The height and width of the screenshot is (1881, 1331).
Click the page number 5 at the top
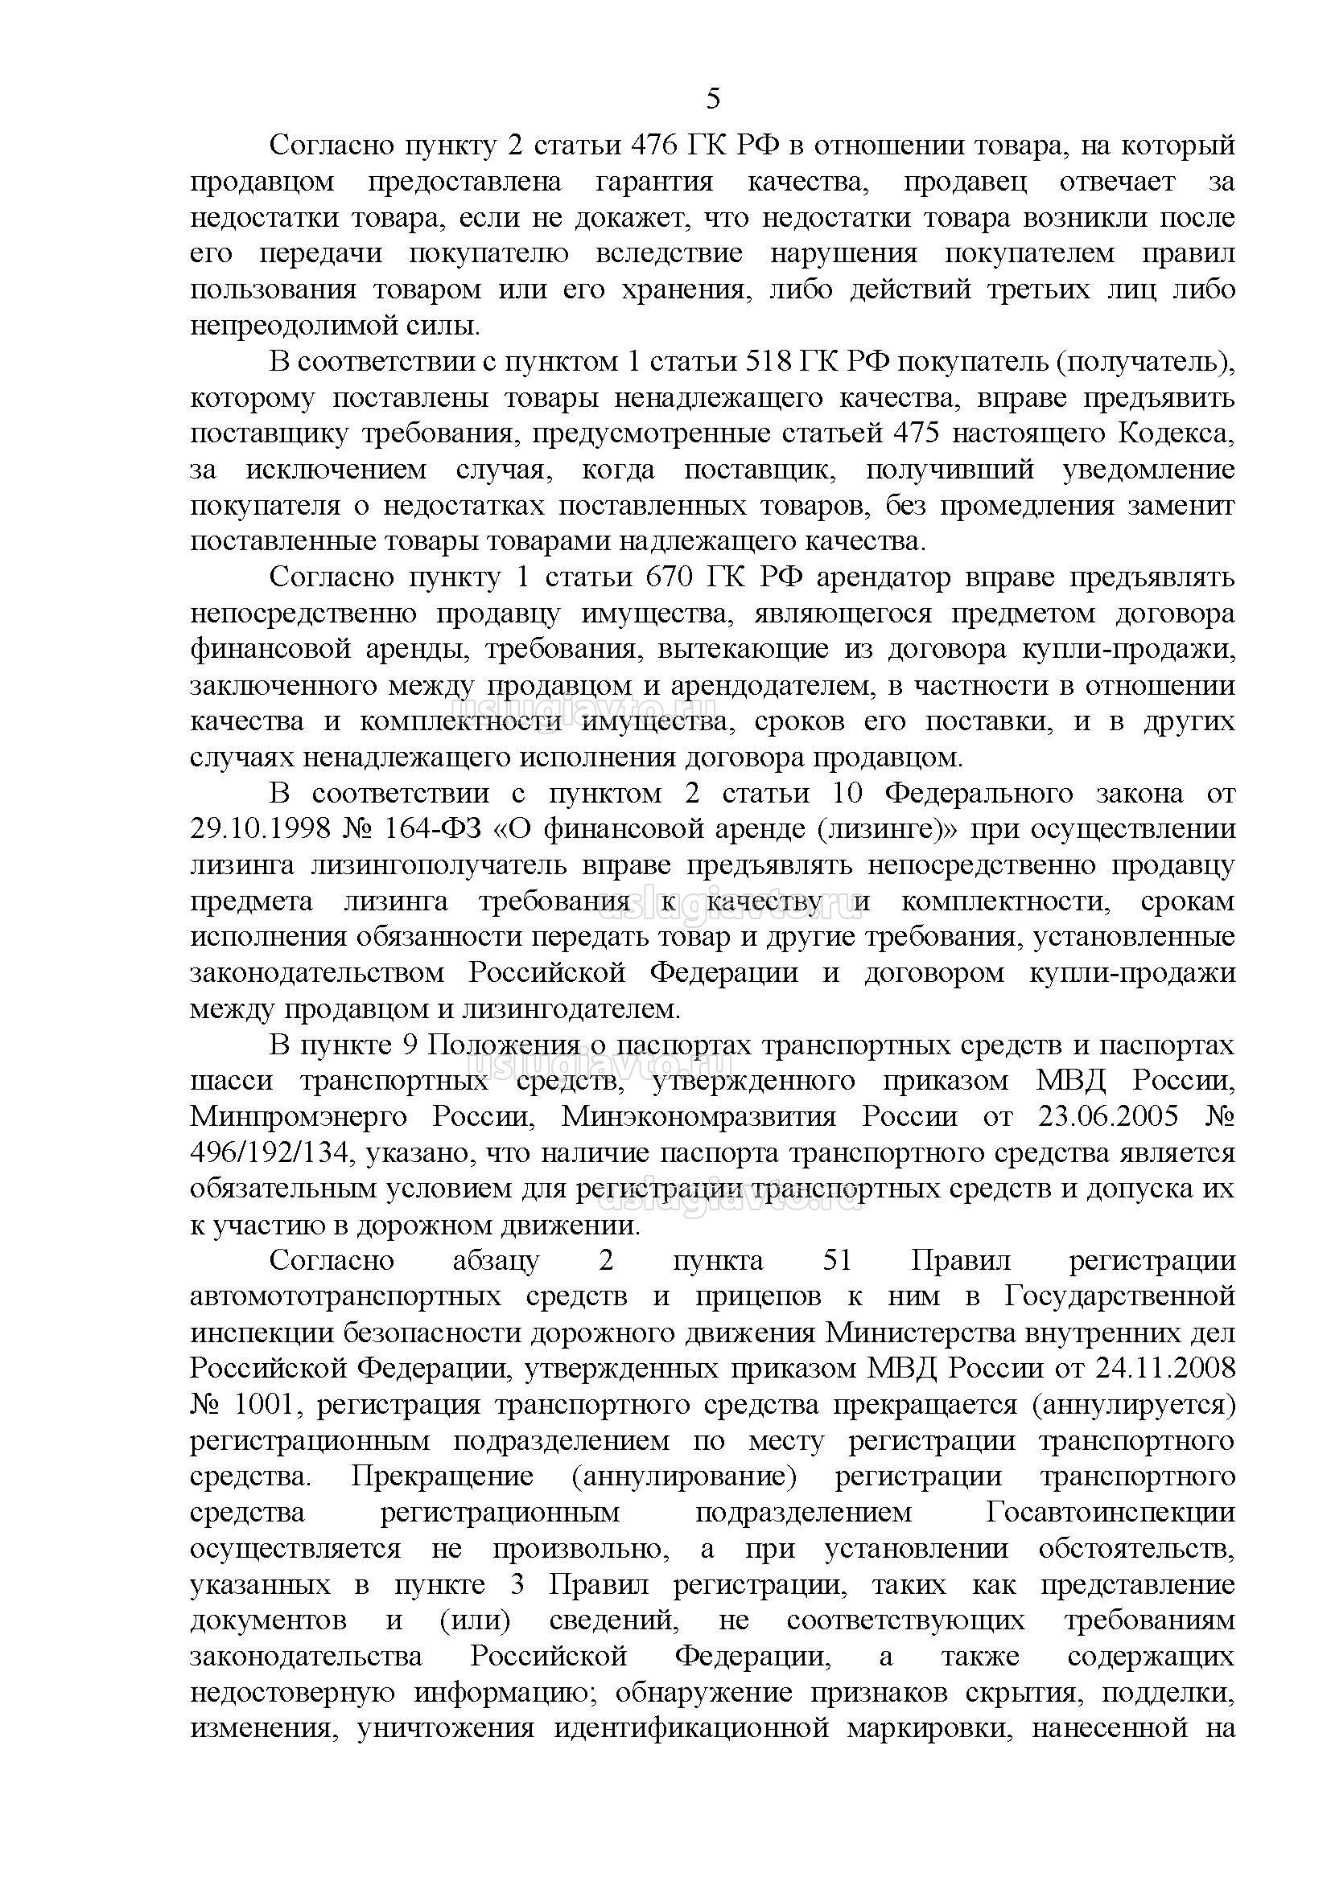(713, 99)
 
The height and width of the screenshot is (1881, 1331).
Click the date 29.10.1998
(261, 829)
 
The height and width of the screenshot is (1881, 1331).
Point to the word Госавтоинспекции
(1111, 1513)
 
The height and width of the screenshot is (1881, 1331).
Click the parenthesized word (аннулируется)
(1134, 1405)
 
